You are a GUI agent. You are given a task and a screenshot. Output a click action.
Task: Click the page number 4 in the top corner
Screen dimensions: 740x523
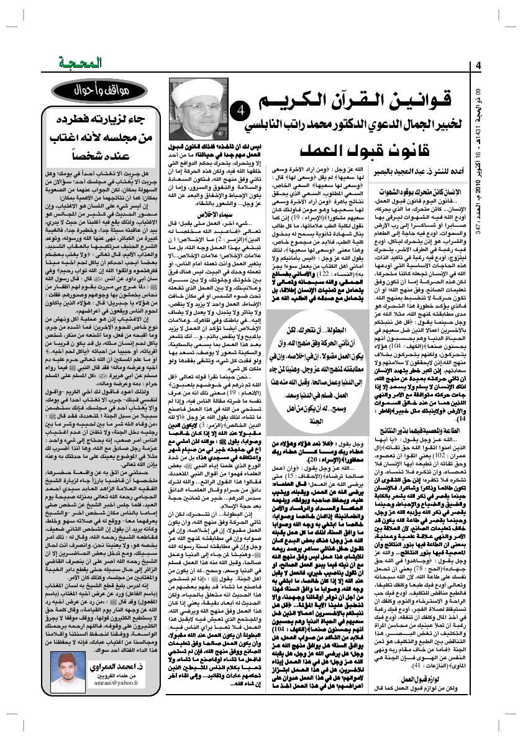coord(479,66)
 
